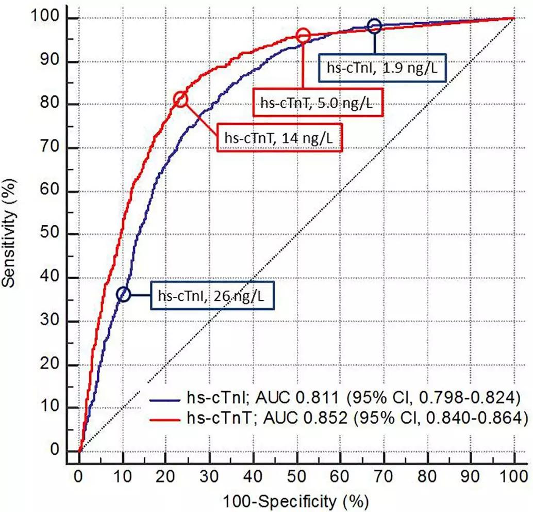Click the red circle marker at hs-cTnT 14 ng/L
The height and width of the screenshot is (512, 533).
point(180,99)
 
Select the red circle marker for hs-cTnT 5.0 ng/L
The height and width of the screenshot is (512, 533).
point(303,36)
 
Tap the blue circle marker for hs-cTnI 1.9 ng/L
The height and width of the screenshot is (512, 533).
point(374,26)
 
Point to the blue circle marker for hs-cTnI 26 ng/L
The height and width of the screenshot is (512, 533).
point(123,294)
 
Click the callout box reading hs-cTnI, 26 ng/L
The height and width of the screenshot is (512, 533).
point(212,296)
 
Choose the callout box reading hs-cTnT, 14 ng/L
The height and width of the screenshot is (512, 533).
point(279,138)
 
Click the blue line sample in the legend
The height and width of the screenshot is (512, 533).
point(165,398)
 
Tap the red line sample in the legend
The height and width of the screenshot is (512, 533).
point(165,421)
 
